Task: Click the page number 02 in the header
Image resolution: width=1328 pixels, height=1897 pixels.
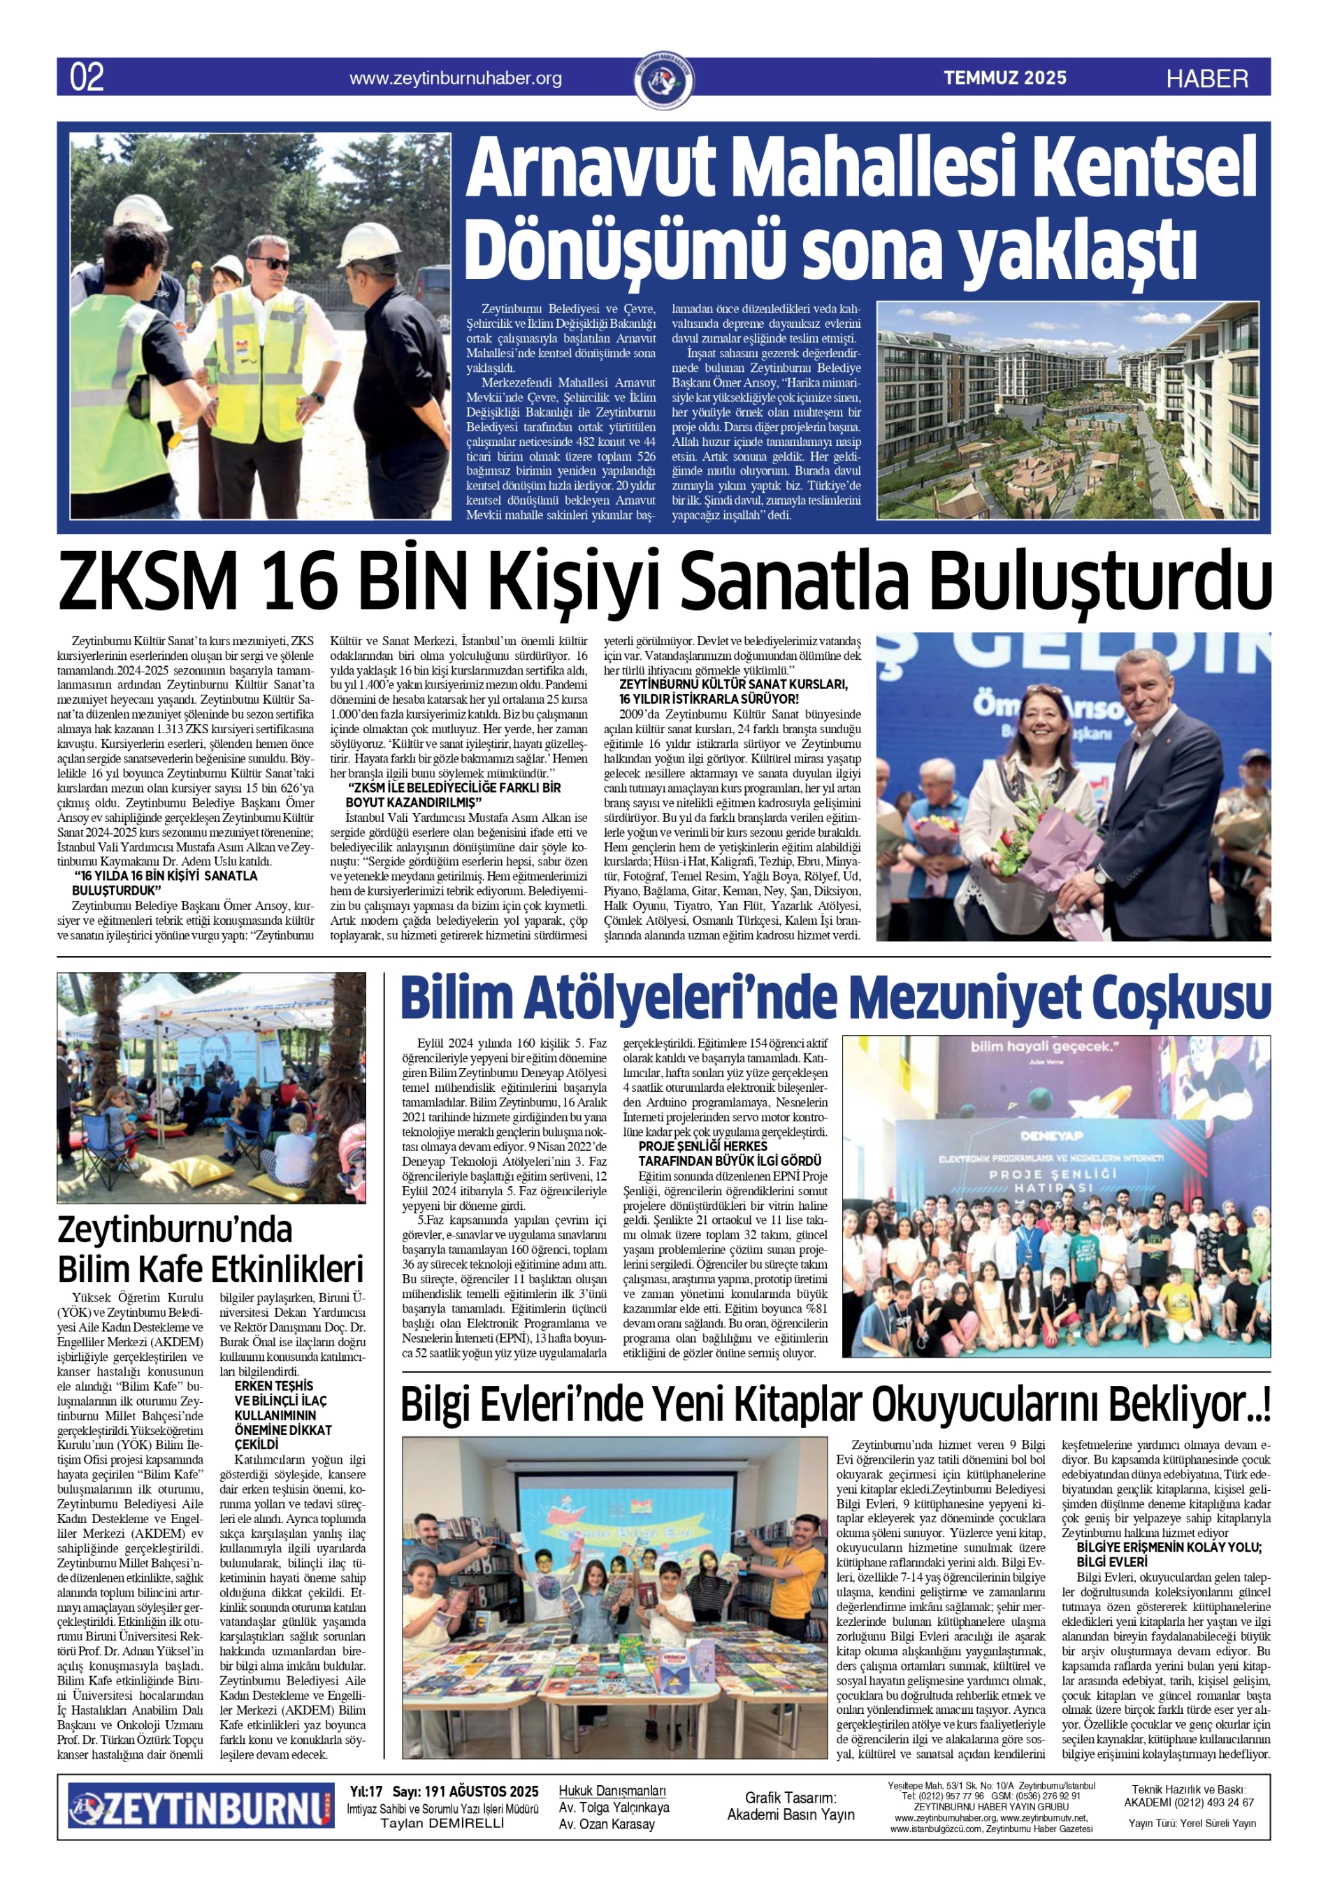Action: click(87, 78)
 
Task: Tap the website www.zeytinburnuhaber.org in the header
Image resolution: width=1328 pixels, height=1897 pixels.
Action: click(455, 78)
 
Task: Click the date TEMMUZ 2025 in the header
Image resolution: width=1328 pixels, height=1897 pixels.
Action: click(1005, 78)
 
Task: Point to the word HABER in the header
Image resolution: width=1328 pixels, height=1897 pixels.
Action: click(1206, 79)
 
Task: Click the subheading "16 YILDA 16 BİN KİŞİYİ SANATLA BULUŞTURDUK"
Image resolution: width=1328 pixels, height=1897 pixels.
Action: click(164, 882)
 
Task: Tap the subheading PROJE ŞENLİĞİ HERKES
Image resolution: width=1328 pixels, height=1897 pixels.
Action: click(702, 1146)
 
